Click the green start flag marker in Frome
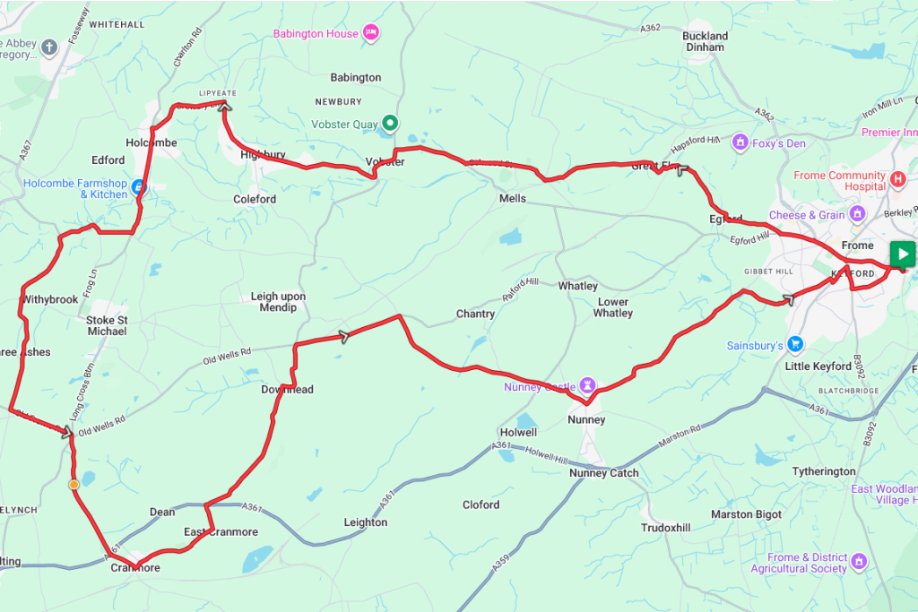[x=903, y=254]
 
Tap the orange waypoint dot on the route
[x=74, y=484]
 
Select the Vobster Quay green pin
[x=390, y=123]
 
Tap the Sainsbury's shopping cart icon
[x=795, y=345]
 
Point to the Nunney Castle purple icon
[x=588, y=385]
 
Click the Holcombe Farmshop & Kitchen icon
[x=138, y=188]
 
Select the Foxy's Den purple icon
[x=740, y=142]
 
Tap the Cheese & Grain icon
[x=858, y=215]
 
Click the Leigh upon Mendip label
[x=278, y=302]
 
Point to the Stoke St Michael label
[x=107, y=325]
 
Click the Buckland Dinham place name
[x=706, y=41]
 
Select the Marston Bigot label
[x=746, y=514]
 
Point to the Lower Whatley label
[x=612, y=307]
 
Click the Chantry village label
[x=475, y=314]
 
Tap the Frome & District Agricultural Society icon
[x=859, y=562]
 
